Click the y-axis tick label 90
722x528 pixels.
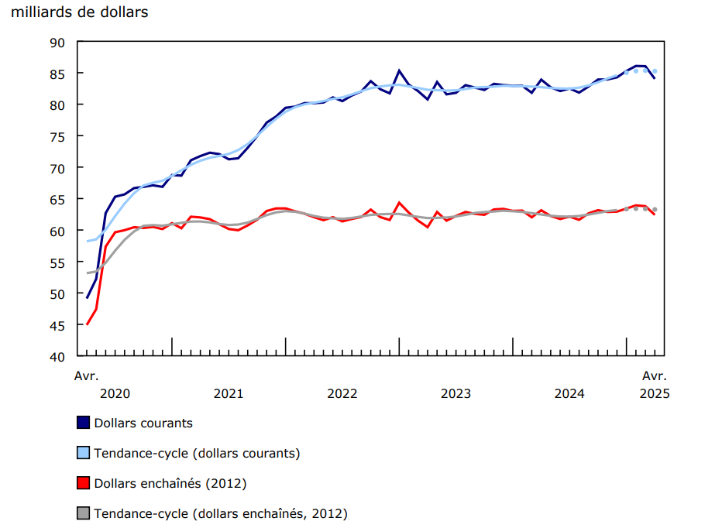pos(58,41)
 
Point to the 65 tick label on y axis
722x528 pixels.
pos(58,199)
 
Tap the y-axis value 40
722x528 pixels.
pos(58,357)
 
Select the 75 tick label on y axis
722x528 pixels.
pos(58,136)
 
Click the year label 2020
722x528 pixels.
pos(115,393)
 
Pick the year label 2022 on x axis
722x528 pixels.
pos(342,393)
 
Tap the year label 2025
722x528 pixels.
pos(655,393)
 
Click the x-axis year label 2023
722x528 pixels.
pos(456,393)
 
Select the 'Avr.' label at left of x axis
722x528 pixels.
pos(87,376)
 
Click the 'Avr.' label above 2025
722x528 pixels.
pos(655,376)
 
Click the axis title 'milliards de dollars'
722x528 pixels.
pos(80,12)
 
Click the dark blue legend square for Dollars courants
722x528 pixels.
pos(83,423)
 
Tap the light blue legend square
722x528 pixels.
pos(83,453)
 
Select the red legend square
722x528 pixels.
pos(83,483)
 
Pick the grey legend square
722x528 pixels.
pos(83,513)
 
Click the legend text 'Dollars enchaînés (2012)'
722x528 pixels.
pos(170,484)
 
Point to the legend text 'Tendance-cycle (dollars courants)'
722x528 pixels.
pos(197,454)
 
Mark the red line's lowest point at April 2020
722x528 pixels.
pos(87,324)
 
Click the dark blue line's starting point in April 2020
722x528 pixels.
pos(87,298)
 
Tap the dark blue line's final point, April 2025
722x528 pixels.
pos(655,78)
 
